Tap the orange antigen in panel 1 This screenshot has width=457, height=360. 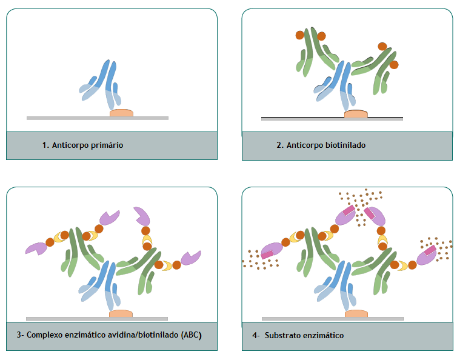coord(121,113)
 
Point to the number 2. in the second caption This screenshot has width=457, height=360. coord(279,145)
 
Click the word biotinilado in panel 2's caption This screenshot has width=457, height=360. coord(345,145)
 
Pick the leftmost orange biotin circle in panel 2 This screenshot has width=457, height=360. coord(299,35)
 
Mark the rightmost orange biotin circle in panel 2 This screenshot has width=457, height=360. coord(394,64)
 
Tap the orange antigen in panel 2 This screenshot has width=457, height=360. coord(356,113)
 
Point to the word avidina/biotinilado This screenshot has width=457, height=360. coord(142,335)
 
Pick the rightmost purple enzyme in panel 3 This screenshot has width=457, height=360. coord(190,258)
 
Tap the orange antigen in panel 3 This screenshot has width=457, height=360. coord(121,314)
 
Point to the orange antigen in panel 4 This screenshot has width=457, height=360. coord(356,314)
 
